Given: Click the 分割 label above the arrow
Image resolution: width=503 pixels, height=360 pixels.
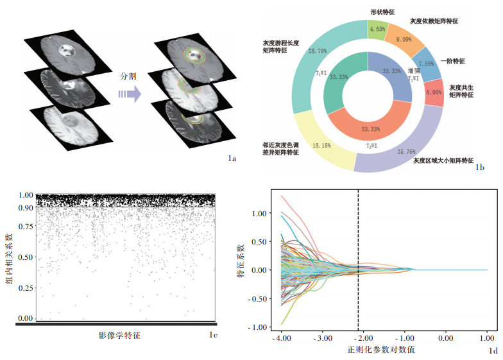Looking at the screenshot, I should pyautogui.click(x=129, y=76).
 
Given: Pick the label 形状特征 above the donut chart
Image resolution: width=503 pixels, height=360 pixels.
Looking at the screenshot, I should pyautogui.click(x=383, y=12).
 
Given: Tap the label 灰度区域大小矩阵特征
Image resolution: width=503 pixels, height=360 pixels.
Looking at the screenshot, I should pyautogui.click(x=443, y=160).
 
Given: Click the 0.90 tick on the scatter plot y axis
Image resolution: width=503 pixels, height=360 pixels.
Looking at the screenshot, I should pyautogui.click(x=26, y=208).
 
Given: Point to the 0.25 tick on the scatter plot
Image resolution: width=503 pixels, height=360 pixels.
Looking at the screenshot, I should pyautogui.click(x=26, y=287).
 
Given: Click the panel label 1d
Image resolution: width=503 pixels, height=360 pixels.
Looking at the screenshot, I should pyautogui.click(x=493, y=350).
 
